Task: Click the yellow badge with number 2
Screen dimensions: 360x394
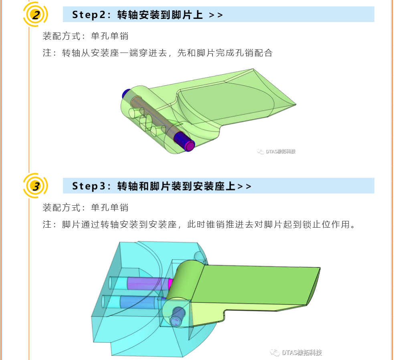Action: [36, 15]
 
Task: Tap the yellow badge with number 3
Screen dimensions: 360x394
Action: [36, 186]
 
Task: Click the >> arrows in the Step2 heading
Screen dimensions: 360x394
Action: [216, 15]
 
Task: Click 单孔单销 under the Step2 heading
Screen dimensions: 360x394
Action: [109, 36]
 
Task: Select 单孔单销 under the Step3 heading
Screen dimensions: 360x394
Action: [109, 207]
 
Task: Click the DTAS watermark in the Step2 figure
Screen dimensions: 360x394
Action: [277, 152]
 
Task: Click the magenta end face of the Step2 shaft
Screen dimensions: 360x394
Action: [189, 145]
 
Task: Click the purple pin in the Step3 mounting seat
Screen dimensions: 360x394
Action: [146, 283]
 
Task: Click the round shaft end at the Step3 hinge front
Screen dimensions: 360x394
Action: [176, 320]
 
